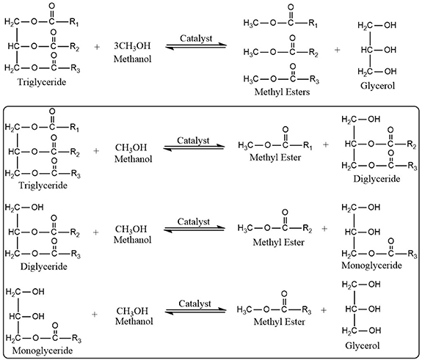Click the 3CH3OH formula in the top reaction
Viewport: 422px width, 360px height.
pyautogui.click(x=131, y=45)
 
